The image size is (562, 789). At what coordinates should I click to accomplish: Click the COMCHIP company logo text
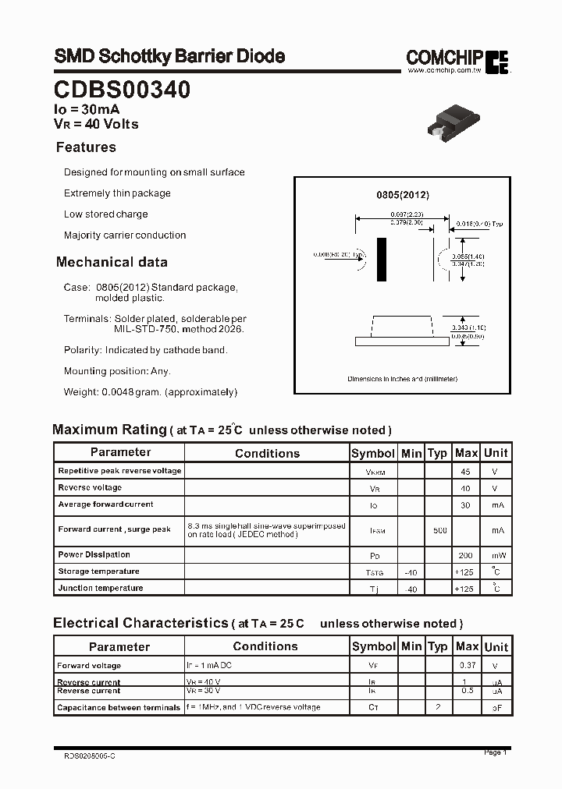coord(444,57)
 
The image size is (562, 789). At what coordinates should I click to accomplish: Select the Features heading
coord(86,147)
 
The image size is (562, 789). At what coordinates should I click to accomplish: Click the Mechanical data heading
coord(112,262)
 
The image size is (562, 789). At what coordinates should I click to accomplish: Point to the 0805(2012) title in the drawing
coord(403,195)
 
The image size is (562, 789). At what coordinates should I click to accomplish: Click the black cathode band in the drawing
coord(382,260)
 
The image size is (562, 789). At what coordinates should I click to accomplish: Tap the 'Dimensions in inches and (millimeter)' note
coord(403,379)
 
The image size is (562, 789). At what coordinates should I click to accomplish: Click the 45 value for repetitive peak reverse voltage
coord(466,472)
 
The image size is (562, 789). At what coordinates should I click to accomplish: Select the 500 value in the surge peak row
coord(439,530)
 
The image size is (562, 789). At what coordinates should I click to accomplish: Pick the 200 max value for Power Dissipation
coord(466,555)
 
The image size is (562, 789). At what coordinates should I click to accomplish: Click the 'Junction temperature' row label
coord(101,588)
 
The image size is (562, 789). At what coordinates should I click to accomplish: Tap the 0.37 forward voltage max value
coord(466,666)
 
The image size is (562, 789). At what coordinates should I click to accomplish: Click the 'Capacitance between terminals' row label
coord(119,707)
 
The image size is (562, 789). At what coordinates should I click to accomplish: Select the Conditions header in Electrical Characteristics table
coord(265,646)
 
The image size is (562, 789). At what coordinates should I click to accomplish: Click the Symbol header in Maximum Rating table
coord(373,453)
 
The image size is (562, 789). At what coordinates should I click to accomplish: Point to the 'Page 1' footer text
coord(495,752)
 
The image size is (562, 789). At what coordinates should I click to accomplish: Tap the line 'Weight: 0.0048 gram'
coord(150,392)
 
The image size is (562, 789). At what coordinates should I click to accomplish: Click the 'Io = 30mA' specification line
coord(87,110)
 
